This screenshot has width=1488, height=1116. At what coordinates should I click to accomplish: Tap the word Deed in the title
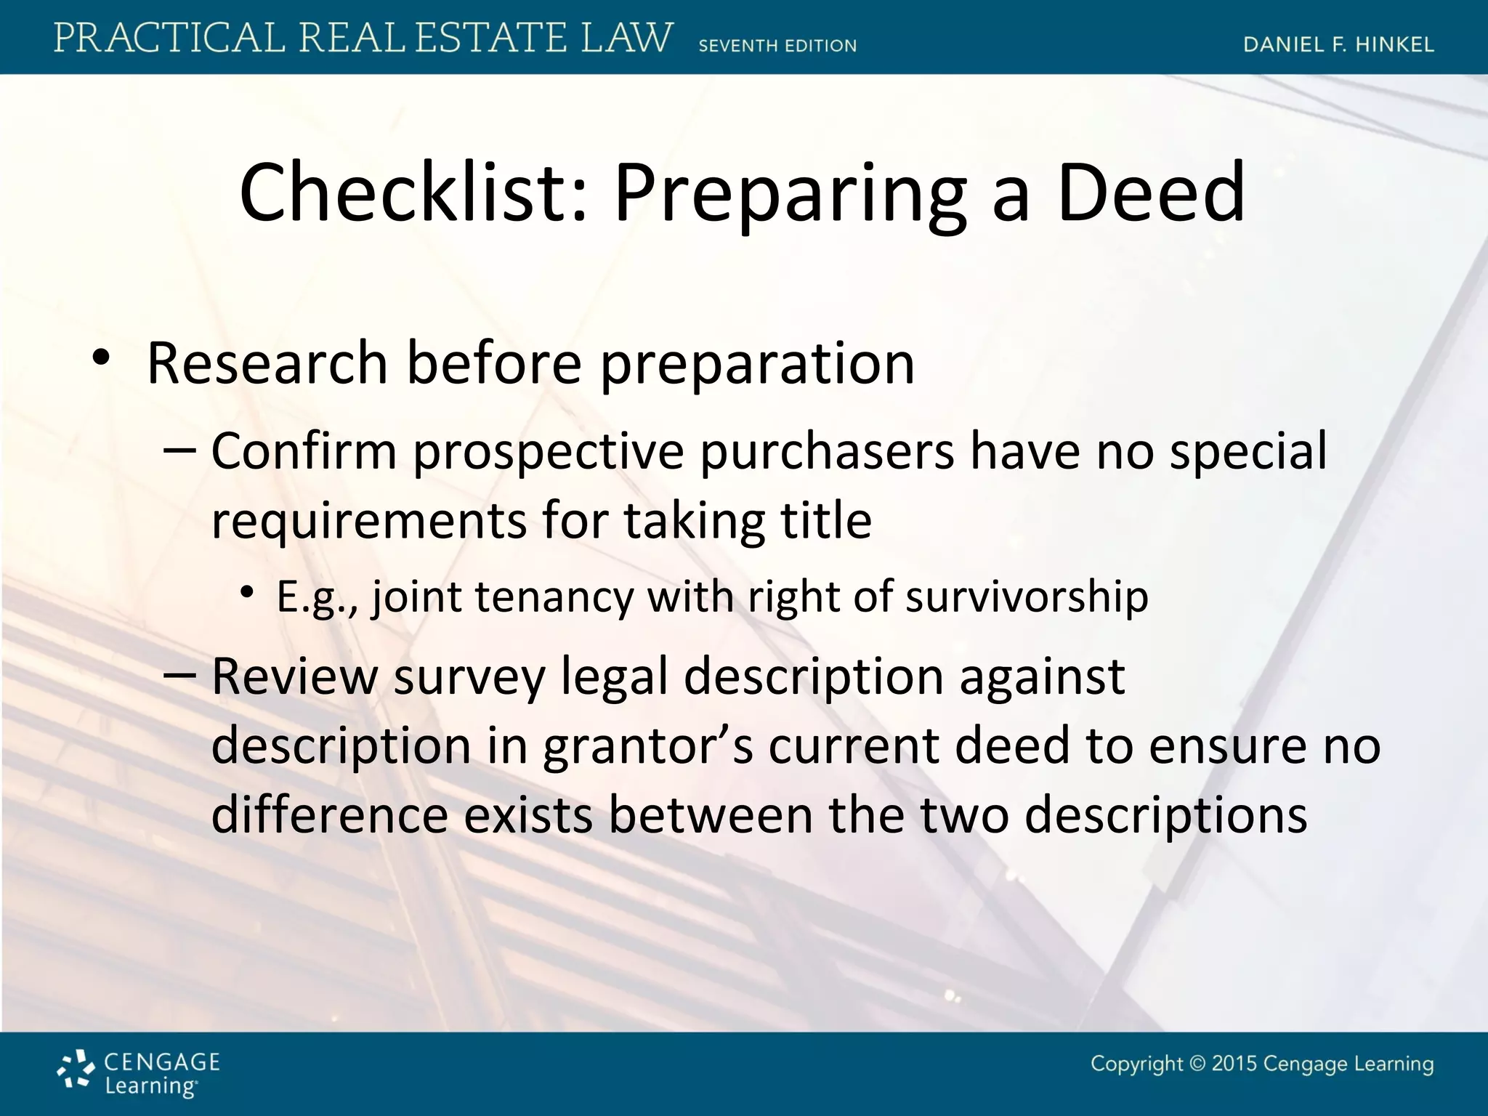pos(1152,193)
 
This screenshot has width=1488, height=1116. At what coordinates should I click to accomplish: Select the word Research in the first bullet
pos(267,363)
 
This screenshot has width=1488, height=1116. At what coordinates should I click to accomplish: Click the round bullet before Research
pos(101,357)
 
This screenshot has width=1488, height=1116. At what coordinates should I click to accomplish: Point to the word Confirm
pos(304,451)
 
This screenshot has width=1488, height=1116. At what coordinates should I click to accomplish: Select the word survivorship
pos(1027,597)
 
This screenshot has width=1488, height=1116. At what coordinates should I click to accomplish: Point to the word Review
pos(294,676)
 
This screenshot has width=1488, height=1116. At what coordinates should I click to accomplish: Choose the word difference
pos(329,815)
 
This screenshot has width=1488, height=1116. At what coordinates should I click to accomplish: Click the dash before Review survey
pos(179,675)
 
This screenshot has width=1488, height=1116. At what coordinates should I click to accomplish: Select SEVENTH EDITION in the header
pos(777,46)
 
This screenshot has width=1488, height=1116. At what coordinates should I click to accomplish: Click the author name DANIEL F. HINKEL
pos(1338,44)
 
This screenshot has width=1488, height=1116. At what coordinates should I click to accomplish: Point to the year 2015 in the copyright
pos(1234,1064)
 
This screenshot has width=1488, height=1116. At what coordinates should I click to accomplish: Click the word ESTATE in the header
pos(490,38)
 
